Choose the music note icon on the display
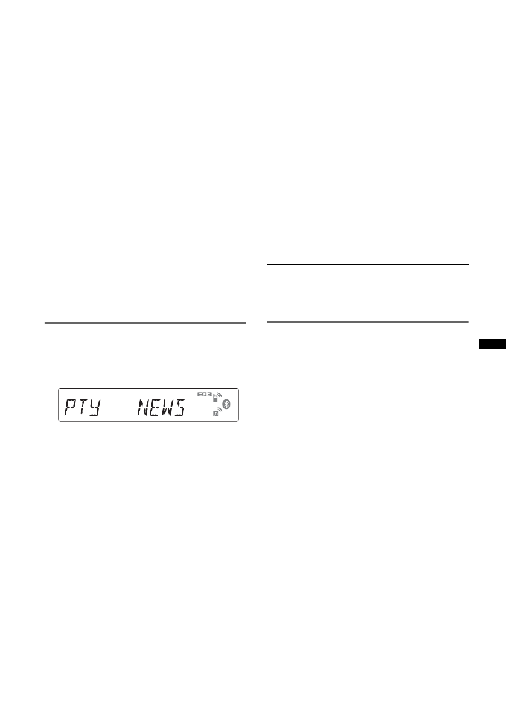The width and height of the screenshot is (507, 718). click(215, 416)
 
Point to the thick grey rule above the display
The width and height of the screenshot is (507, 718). click(145, 323)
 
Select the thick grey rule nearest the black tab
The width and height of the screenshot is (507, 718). click(367, 322)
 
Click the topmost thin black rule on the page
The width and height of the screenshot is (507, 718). click(367, 42)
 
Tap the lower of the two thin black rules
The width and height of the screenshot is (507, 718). click(367, 264)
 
